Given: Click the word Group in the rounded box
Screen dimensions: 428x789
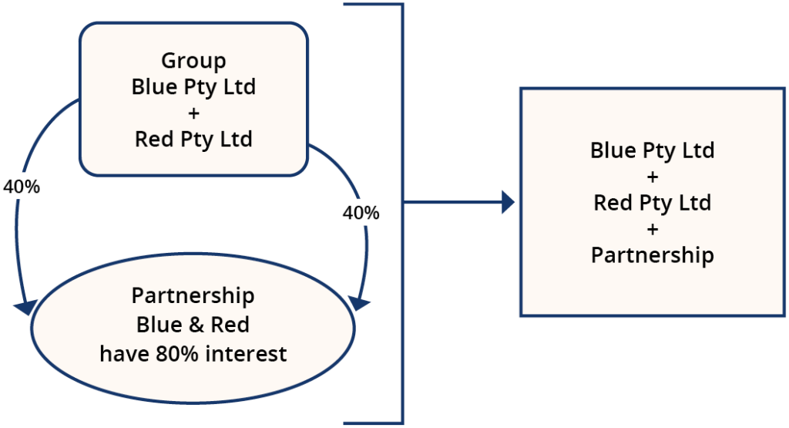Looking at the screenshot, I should [x=193, y=60].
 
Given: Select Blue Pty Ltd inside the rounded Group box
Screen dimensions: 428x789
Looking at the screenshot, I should [x=193, y=86].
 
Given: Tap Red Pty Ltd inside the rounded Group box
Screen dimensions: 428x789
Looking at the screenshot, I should [x=193, y=140].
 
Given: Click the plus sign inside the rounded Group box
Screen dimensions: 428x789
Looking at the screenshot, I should [x=193, y=113].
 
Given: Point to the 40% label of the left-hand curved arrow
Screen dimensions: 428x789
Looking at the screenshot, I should [x=22, y=187].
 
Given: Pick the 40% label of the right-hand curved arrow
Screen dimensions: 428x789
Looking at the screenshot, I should [x=361, y=213].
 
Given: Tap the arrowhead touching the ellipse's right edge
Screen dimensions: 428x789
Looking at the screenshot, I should [x=359, y=302].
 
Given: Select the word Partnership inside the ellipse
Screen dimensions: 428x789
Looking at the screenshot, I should [x=193, y=296].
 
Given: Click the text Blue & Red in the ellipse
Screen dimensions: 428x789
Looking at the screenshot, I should [x=193, y=325].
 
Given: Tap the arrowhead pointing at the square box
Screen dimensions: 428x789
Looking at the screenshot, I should [x=506, y=203].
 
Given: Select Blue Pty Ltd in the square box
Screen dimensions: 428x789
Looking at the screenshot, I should [x=652, y=150].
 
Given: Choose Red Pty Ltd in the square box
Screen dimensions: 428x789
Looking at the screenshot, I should [x=652, y=204].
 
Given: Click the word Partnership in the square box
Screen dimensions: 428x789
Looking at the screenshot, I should [x=652, y=255].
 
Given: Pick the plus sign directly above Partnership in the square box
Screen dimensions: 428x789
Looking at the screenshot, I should [x=652, y=230].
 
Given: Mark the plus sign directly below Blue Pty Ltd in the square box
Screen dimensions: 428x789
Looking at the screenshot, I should [x=652, y=177].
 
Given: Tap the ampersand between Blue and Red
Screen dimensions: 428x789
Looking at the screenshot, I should [x=193, y=325].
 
